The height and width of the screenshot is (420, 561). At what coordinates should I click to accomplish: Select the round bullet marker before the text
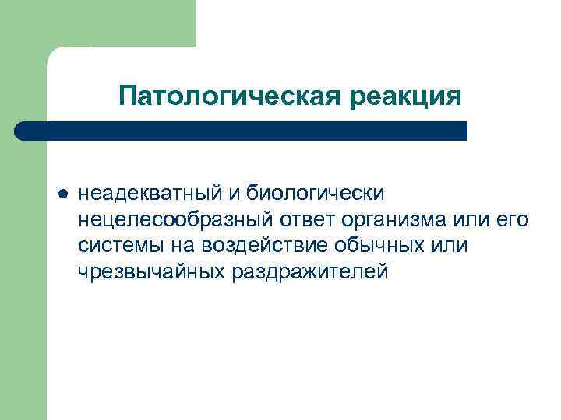point(62,191)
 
